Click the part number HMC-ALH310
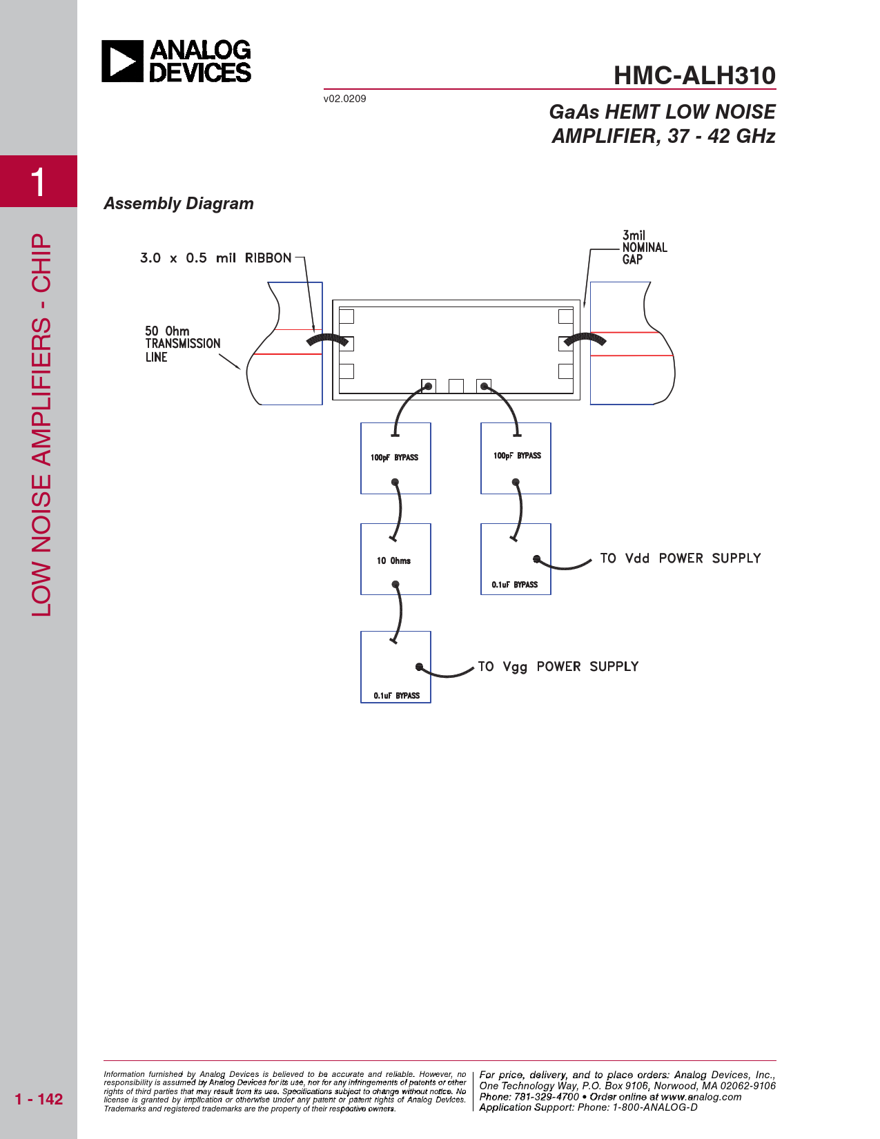pos(694,75)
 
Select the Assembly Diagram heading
pos(179,204)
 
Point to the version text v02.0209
pos(344,99)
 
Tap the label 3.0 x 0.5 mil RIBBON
pos(215,258)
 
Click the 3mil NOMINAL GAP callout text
pos(644,247)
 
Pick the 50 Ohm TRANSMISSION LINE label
pos(182,344)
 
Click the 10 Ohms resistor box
pos(395,559)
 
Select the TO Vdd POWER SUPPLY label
pos(680,558)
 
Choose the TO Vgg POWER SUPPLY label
pos(558,667)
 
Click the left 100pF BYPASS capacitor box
pos(395,458)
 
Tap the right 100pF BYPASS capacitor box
pos(516,458)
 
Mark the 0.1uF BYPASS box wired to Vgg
pos(395,668)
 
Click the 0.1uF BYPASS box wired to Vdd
pos(516,559)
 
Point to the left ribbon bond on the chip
pos(327,340)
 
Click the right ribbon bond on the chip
pos(585,339)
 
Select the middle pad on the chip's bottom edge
pos(456,386)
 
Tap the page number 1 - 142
pos(39,1099)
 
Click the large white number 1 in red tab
pos(39,182)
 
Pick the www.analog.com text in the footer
pos(701,1097)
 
